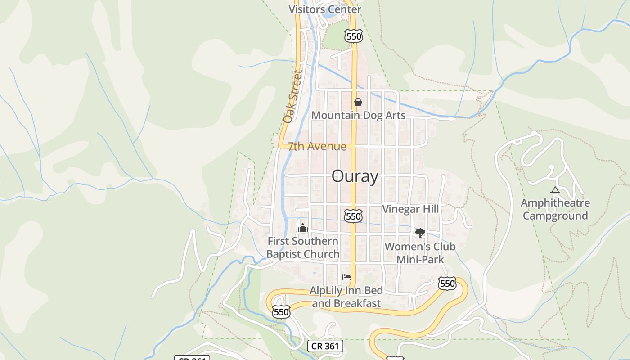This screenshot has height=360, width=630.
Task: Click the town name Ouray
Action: click(x=355, y=176)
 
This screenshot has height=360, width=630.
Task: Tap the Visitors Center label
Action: click(x=324, y=9)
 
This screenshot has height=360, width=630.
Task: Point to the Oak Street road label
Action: click(x=292, y=96)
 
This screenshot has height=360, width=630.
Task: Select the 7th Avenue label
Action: click(x=317, y=146)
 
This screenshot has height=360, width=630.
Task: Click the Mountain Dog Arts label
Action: click(x=359, y=115)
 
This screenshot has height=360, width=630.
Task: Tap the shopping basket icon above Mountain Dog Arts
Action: click(x=358, y=102)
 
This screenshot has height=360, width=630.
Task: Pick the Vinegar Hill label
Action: click(x=410, y=209)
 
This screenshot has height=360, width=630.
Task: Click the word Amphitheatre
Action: click(x=555, y=203)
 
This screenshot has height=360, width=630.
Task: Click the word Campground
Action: click(x=555, y=216)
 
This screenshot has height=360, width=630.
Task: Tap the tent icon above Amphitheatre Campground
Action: click(x=555, y=190)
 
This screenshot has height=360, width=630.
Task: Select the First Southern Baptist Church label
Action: click(x=303, y=247)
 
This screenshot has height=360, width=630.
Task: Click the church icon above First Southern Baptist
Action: click(x=303, y=228)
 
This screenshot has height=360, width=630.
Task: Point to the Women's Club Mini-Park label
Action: click(x=420, y=253)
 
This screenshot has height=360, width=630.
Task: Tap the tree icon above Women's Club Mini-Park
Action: click(x=420, y=233)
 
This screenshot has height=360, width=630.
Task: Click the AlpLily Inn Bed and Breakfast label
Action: click(x=346, y=297)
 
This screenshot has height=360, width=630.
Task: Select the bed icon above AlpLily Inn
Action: click(x=346, y=277)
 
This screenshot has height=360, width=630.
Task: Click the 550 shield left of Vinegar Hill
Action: click(x=353, y=216)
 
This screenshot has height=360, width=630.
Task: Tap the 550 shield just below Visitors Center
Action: click(x=354, y=36)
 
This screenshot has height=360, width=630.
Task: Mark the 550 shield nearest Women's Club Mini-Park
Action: click(x=447, y=283)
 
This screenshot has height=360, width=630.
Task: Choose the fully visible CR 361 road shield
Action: click(x=325, y=346)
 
